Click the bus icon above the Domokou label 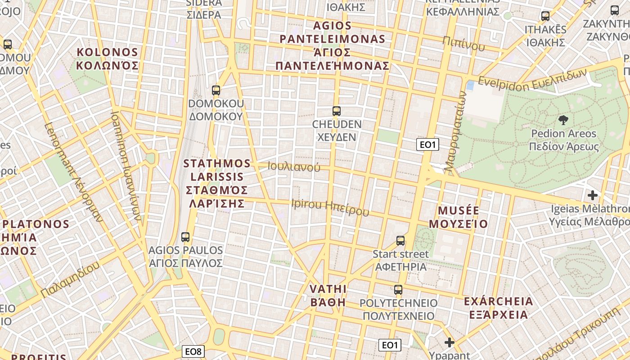click(x=216, y=90)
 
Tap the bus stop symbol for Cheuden click(x=336, y=111)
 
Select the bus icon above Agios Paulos click(x=185, y=237)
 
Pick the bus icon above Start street click(x=400, y=241)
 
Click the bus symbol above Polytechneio click(x=398, y=290)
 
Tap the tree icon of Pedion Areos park click(x=563, y=120)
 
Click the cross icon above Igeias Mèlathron click(x=593, y=195)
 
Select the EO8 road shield click(x=193, y=351)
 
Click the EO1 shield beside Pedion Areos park click(x=427, y=144)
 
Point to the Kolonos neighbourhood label click(x=107, y=59)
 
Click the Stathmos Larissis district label click(x=217, y=183)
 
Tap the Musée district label click(x=458, y=217)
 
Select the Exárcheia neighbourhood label click(x=498, y=308)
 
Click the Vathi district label click(x=328, y=296)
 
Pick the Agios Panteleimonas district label click(x=332, y=45)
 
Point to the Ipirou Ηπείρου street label click(x=330, y=207)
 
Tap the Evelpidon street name click(x=532, y=79)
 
